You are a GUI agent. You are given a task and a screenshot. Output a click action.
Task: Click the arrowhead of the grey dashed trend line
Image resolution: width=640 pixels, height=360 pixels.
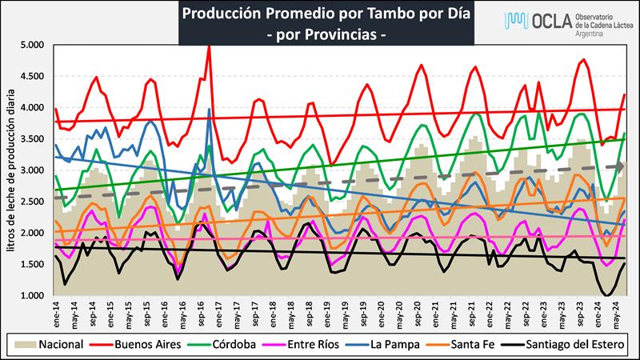(x=621, y=166)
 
